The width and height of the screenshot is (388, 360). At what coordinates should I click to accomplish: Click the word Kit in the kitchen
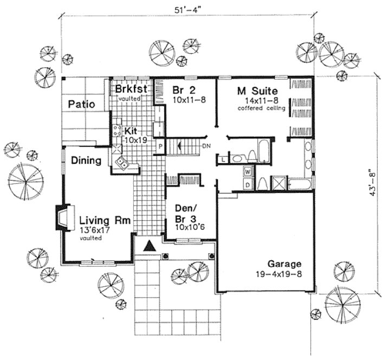[x=131, y=131]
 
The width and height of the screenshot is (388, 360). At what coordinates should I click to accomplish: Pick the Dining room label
[x=85, y=160]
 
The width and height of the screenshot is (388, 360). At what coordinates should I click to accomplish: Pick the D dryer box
[x=248, y=184]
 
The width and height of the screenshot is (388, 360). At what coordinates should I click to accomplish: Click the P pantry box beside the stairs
[x=160, y=147]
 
